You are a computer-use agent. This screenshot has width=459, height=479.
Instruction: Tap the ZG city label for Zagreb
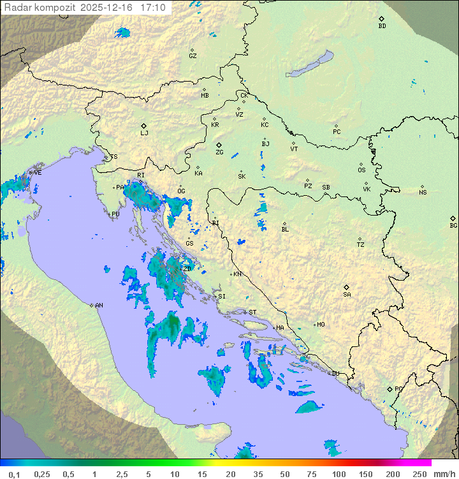coord(219,152)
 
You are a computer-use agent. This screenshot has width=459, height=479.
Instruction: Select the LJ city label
coord(144,133)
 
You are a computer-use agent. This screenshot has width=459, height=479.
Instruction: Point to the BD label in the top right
coord(382,26)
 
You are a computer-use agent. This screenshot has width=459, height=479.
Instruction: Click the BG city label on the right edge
coord(453,225)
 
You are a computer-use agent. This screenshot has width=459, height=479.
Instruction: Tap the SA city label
coord(347,295)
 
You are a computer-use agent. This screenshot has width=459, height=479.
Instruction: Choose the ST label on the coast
coord(252,313)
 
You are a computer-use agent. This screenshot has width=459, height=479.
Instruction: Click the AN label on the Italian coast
coord(99,306)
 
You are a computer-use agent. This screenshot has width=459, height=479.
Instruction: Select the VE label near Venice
coord(38,173)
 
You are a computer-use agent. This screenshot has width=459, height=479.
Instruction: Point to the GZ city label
coord(193,56)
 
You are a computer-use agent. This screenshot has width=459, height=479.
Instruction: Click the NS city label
coord(423,193)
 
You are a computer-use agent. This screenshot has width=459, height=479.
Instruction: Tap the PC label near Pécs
coord(337,132)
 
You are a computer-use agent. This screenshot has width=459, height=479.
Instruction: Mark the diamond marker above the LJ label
coord(144,126)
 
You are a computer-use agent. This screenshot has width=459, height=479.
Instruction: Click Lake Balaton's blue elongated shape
coord(310,65)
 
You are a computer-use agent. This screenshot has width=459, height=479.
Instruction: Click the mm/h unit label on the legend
coord(444,474)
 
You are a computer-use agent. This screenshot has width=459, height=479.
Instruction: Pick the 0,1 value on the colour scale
coord(14,474)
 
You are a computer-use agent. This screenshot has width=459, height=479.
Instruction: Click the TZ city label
coord(361,245)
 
